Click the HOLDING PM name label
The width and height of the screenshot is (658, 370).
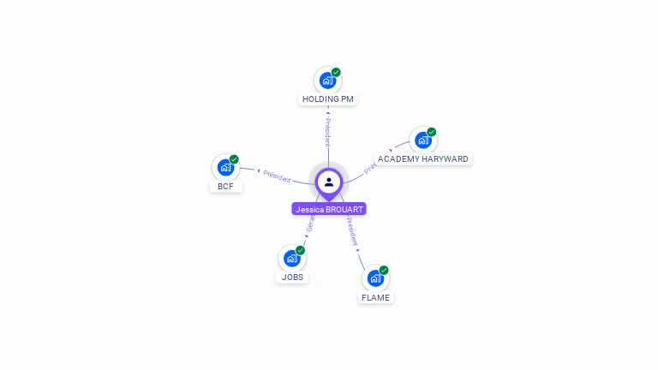[x=327, y=99]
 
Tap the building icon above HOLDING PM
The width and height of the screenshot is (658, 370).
[x=326, y=81]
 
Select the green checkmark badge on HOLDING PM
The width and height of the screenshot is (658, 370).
[x=336, y=73]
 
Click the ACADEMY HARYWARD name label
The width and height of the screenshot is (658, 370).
[x=422, y=159]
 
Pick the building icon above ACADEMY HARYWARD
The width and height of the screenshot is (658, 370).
[x=422, y=140]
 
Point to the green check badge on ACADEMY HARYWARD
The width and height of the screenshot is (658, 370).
[x=432, y=133]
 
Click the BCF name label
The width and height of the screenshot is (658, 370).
[x=225, y=187]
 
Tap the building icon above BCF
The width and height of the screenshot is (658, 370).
[x=225, y=168]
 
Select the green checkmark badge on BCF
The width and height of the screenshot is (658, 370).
[x=234, y=159]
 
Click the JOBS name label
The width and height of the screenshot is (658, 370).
[x=292, y=277]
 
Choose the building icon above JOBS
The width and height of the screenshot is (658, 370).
[x=291, y=258]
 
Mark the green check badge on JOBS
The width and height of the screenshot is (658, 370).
[x=301, y=250]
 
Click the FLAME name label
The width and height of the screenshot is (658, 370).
[x=375, y=298]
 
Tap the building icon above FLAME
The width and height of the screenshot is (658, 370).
[x=374, y=278]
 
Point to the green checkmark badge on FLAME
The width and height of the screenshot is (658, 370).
[x=384, y=271]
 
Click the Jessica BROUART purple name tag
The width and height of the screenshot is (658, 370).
[x=329, y=209]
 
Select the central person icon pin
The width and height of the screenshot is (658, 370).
[x=329, y=182]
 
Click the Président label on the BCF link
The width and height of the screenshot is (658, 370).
[x=276, y=176]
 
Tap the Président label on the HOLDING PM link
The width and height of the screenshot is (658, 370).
[x=327, y=132]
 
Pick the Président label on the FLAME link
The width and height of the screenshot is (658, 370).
[x=352, y=231]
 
